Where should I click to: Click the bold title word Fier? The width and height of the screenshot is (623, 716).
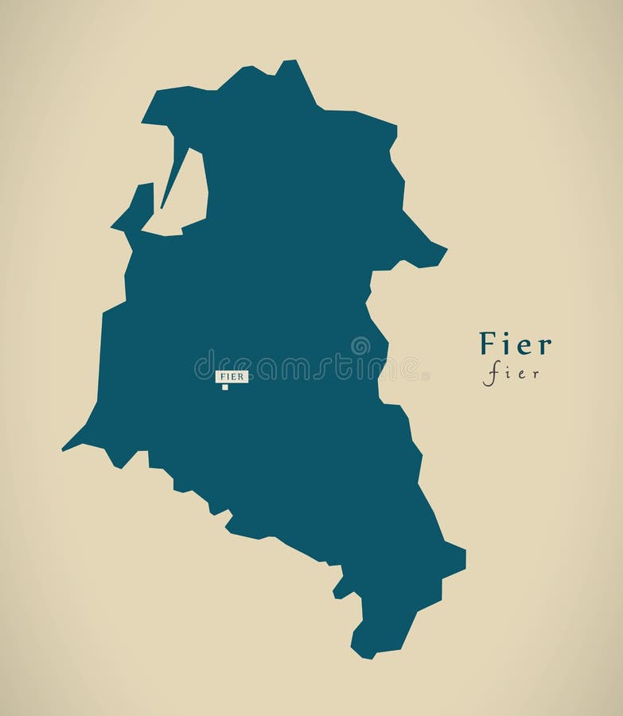point(515,344)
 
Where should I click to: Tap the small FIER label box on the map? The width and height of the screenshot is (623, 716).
point(232,376)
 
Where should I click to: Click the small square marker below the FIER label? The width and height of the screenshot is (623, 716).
point(225,387)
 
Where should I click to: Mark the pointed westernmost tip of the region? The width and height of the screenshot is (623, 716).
point(64,449)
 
